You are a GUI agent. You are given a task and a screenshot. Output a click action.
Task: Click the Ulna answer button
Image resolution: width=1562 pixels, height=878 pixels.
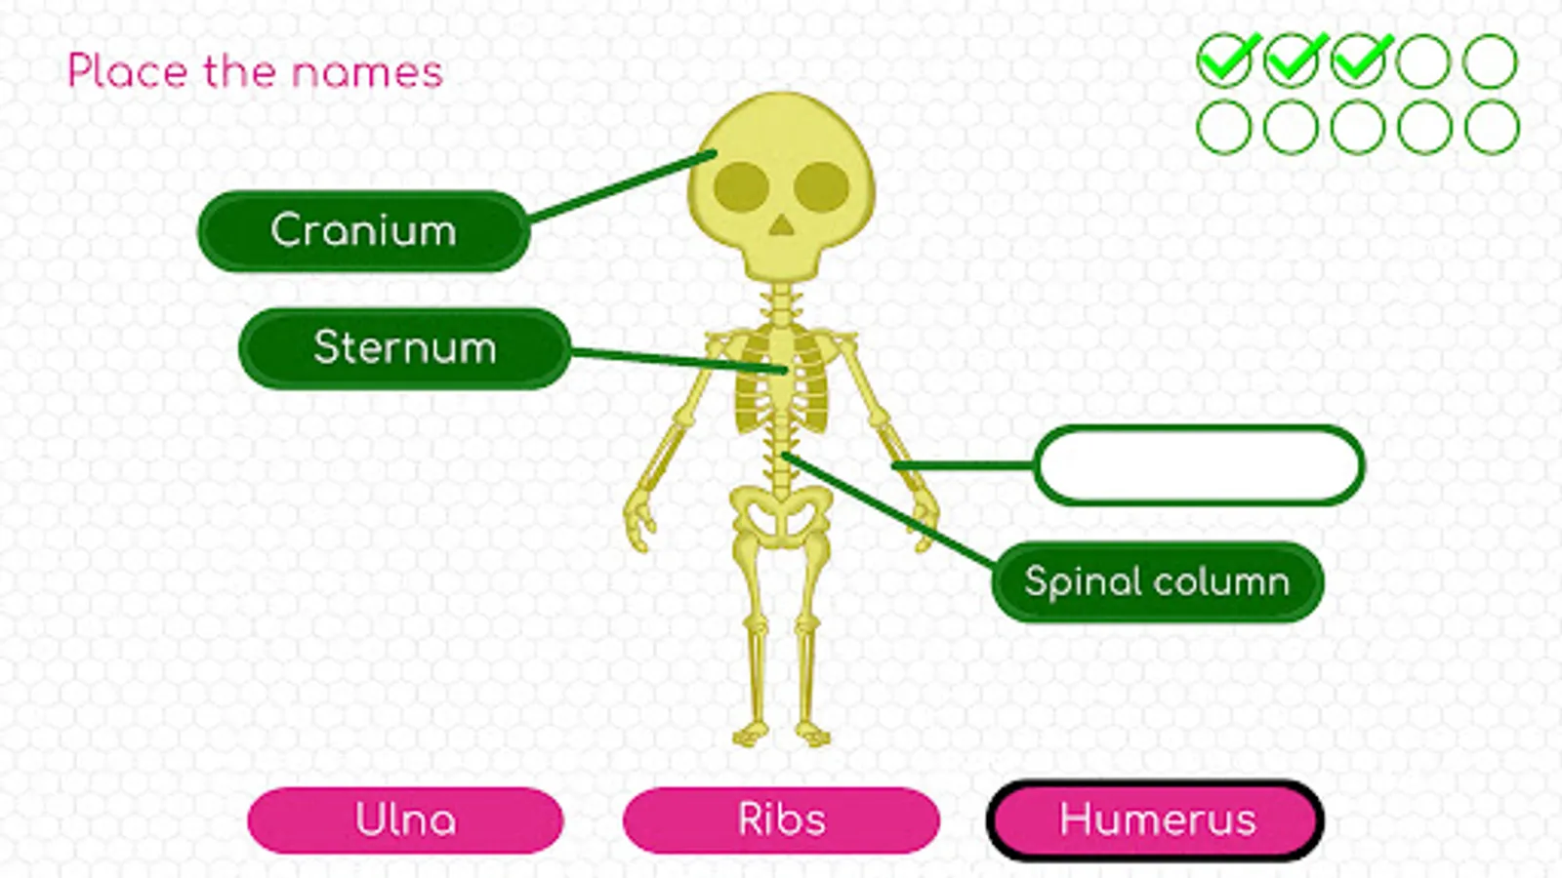(x=405, y=820)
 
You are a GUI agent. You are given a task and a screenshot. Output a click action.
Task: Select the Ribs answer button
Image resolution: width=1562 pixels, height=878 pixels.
(x=781, y=820)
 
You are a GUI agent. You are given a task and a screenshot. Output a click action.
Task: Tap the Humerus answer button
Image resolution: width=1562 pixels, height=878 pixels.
(x=1156, y=820)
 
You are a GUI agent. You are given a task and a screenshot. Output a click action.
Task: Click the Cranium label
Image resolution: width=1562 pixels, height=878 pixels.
(x=363, y=231)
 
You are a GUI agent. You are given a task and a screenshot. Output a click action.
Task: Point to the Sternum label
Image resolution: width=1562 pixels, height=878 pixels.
(x=404, y=348)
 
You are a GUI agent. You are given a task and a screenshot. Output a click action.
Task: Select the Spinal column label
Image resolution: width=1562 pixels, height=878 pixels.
(x=1157, y=582)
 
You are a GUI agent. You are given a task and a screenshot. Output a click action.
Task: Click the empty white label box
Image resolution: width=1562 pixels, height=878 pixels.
(x=1199, y=465)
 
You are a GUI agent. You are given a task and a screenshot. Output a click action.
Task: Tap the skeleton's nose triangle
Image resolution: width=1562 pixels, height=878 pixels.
(x=781, y=226)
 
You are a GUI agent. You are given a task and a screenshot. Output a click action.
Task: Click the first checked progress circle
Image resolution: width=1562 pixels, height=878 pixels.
(x=1224, y=60)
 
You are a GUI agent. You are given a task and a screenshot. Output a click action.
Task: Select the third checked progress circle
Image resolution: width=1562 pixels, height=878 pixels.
(x=1358, y=60)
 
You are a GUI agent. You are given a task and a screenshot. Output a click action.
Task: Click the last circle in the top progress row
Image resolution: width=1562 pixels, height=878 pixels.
(x=1491, y=60)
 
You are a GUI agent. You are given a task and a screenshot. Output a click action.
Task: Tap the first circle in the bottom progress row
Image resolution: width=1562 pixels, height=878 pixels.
(x=1224, y=127)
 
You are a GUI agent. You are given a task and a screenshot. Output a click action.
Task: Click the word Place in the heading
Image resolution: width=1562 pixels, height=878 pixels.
(x=127, y=72)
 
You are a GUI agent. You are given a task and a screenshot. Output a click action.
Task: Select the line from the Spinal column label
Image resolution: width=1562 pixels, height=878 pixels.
(x=888, y=509)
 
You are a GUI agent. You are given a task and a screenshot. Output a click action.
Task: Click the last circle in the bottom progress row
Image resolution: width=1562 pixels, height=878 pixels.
(x=1491, y=127)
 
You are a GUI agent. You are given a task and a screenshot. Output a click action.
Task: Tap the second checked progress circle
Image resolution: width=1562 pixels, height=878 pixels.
(x=1292, y=60)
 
